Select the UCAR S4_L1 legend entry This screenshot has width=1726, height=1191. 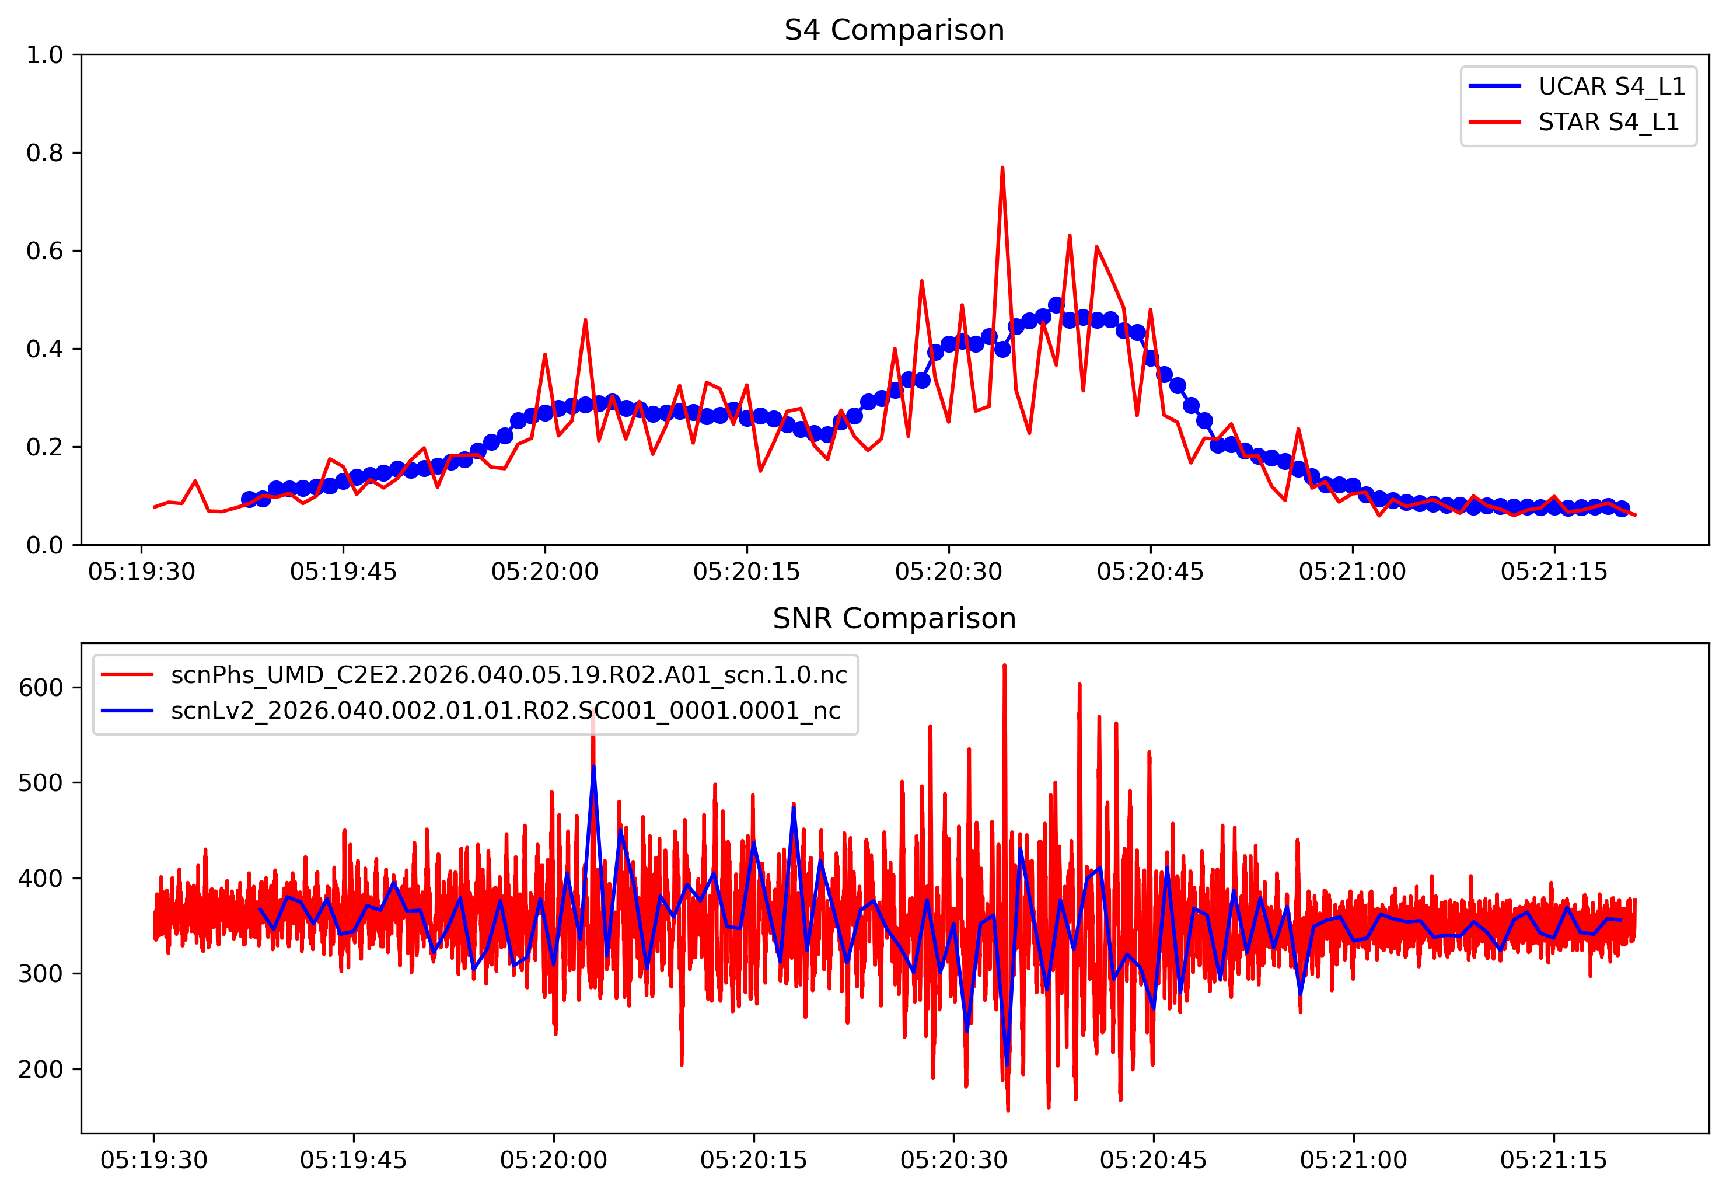[x=1611, y=86]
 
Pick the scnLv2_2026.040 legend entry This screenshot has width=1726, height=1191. [x=506, y=711]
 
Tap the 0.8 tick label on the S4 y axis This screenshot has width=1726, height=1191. [x=45, y=153]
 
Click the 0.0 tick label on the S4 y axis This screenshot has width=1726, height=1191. [x=45, y=545]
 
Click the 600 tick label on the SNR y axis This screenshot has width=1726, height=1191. [x=41, y=687]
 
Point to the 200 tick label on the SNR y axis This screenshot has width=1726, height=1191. [x=41, y=1070]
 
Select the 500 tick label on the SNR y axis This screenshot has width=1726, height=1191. [x=41, y=783]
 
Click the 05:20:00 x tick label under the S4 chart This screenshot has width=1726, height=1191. [x=544, y=572]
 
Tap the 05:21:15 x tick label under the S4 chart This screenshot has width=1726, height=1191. [x=1554, y=572]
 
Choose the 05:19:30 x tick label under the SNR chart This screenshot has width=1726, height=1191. [x=155, y=1161]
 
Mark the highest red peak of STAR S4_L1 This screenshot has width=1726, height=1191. [x=1002, y=168]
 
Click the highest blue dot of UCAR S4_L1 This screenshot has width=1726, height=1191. [x=1056, y=305]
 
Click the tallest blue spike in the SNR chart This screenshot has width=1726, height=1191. [x=594, y=767]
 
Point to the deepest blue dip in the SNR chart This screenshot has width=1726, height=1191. [x=1007, y=1065]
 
